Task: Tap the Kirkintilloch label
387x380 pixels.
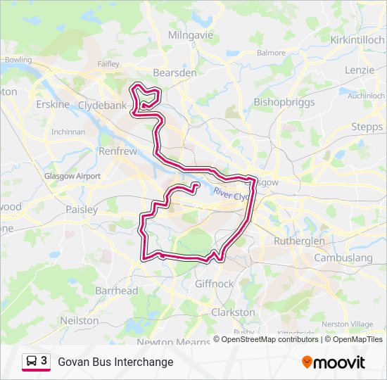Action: point(357,40)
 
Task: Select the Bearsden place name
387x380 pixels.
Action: point(175,72)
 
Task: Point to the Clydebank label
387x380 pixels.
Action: point(102,105)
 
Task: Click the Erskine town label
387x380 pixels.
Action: point(53,105)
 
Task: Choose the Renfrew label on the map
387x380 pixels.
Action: point(118,151)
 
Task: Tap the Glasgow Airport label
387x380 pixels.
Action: point(72,176)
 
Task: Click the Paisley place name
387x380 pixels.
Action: point(82,209)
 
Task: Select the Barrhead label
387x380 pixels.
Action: point(117,291)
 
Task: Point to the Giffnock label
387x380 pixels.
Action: point(214,284)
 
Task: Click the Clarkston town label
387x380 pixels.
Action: point(233,312)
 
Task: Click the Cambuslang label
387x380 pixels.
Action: point(343,258)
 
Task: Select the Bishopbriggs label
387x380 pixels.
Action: point(281,102)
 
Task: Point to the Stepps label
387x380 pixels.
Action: point(367,127)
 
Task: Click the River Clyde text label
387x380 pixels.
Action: point(231,194)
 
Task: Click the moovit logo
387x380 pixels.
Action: point(334,362)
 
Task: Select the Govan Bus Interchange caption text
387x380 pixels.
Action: point(115,362)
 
